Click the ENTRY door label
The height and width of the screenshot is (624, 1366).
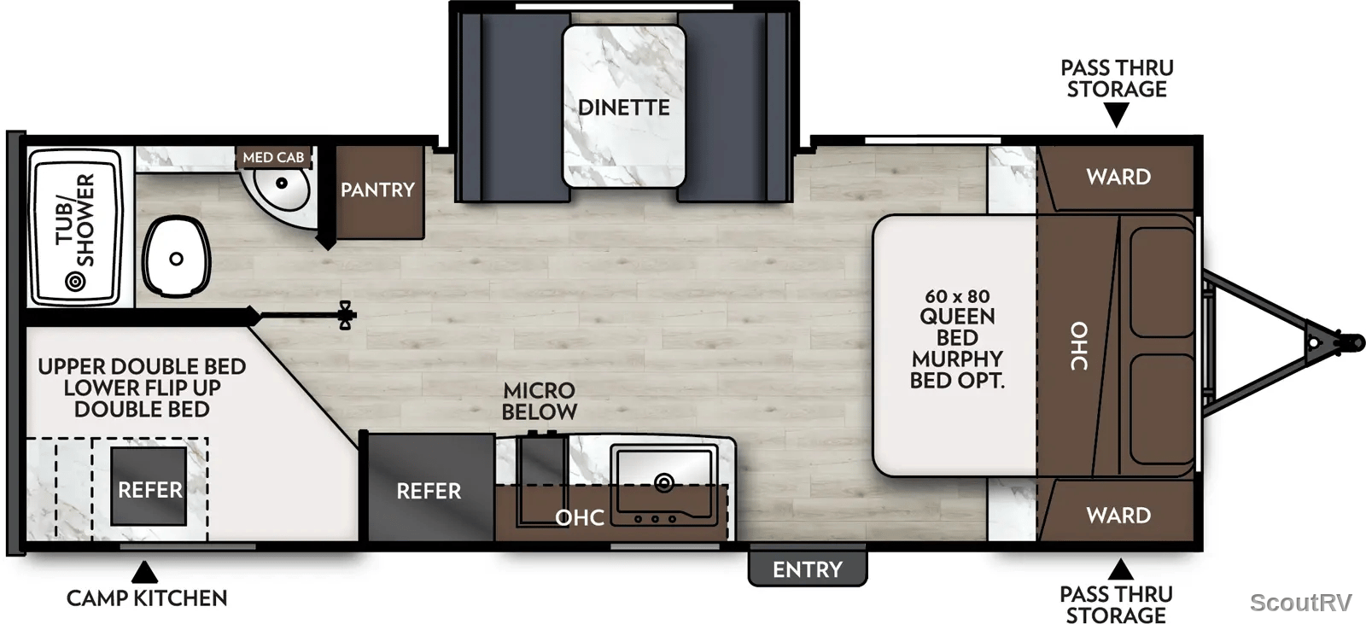tap(808, 569)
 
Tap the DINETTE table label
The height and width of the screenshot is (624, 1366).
tap(623, 108)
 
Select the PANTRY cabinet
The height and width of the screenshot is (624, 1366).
tap(380, 192)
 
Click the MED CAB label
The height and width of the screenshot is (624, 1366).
tap(273, 157)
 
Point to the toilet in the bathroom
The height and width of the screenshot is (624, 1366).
tap(176, 257)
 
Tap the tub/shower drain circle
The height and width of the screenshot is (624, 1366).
tap(76, 281)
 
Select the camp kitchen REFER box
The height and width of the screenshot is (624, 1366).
tap(149, 487)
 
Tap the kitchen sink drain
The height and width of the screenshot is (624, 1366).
tap(663, 483)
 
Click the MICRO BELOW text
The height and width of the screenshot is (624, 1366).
tap(539, 400)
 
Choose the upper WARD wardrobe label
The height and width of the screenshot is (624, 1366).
tap(1118, 177)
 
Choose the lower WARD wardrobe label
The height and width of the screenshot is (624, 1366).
tap(1118, 516)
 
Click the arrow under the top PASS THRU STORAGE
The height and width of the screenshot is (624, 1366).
tap(1117, 114)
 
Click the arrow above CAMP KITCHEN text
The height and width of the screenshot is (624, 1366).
tap(144, 572)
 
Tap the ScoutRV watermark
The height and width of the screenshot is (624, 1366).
tap(1301, 602)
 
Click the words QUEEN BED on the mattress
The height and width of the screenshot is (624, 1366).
tap(957, 327)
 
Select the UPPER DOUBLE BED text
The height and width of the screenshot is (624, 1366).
tap(142, 366)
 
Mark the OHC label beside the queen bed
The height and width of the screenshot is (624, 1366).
tap(1079, 346)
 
